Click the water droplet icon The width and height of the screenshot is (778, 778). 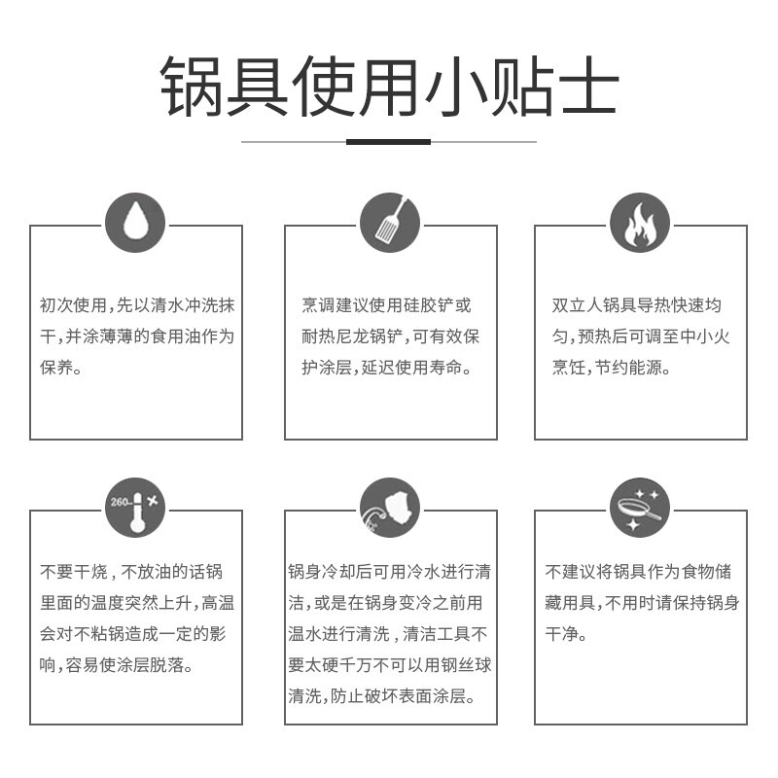point(135,224)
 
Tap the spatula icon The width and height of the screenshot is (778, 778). point(390,224)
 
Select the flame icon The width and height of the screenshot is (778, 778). point(640,224)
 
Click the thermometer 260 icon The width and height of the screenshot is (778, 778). point(135,507)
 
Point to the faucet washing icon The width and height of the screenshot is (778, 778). point(390,507)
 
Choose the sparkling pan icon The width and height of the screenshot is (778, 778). point(640,507)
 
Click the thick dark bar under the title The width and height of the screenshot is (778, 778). point(389,142)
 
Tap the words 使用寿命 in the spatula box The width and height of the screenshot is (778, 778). point(428,369)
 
